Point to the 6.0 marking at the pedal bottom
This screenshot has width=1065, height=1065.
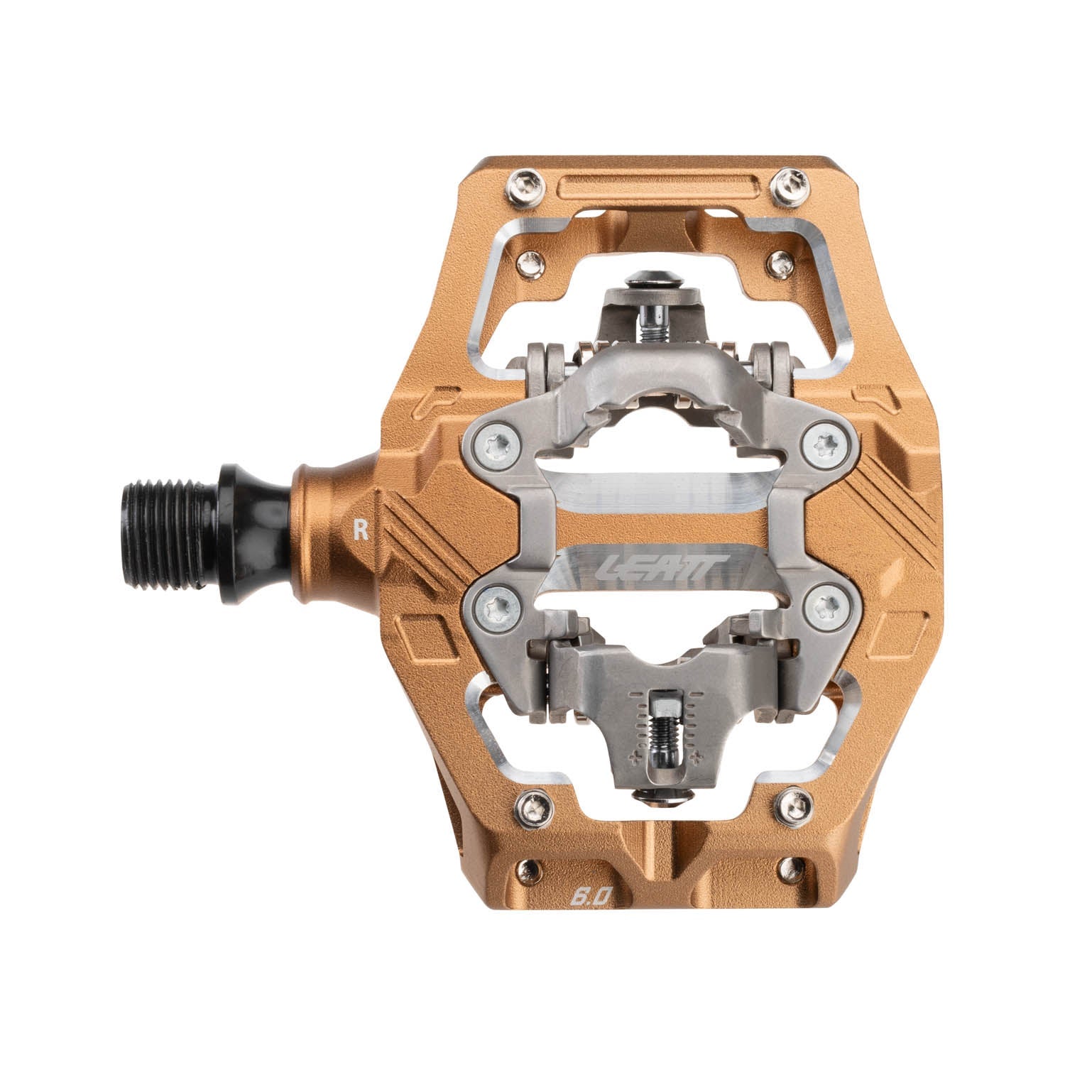point(589,896)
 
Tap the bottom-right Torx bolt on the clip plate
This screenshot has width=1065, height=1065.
point(824,606)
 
